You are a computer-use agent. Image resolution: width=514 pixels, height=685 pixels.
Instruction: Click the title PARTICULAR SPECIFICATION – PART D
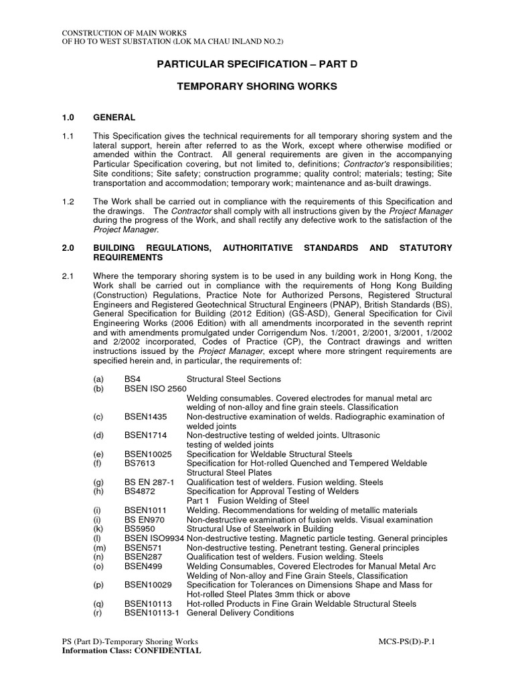[x=257, y=64]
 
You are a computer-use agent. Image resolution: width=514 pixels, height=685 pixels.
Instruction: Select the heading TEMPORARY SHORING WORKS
[x=257, y=86]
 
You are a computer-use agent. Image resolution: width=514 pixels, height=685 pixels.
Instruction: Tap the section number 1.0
[x=68, y=117]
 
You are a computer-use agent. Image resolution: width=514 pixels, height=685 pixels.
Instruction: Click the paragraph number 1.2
[x=68, y=201]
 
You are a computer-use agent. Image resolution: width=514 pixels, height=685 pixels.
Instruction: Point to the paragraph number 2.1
[x=68, y=276]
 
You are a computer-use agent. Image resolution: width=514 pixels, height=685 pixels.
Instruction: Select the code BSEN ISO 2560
[x=155, y=388]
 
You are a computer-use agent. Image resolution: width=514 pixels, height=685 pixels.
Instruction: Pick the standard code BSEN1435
[x=145, y=416]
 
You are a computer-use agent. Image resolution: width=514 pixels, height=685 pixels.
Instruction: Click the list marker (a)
[x=99, y=379]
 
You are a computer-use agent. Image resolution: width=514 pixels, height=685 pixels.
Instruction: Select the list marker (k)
[x=99, y=528]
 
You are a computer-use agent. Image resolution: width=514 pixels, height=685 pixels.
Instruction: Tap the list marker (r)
[x=98, y=613]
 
